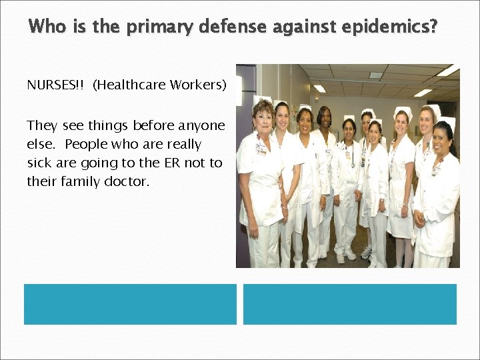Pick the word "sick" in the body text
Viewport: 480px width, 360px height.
point(39,163)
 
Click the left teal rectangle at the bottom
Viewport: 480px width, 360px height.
point(130,304)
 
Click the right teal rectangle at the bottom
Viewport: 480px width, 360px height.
point(350,304)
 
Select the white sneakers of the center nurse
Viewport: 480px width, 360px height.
point(346,254)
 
